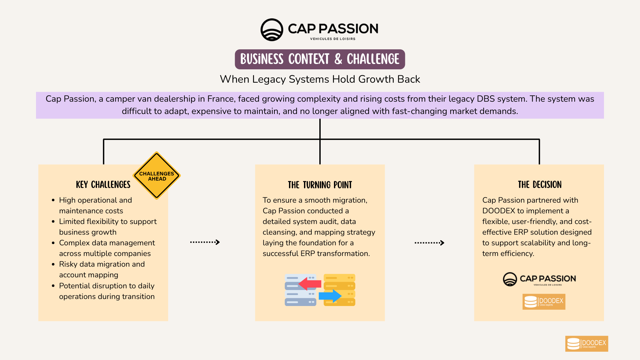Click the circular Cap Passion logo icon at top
(x=272, y=30)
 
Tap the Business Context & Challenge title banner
(x=320, y=59)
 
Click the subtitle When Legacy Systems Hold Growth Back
(x=320, y=79)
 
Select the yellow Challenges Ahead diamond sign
(x=157, y=176)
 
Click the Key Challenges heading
(x=103, y=185)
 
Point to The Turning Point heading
(x=320, y=185)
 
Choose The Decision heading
(x=539, y=185)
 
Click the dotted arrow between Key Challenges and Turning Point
(x=205, y=242)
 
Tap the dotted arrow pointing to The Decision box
(x=429, y=243)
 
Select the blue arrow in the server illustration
(x=330, y=296)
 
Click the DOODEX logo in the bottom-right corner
(x=586, y=344)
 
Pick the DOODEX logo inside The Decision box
(x=544, y=302)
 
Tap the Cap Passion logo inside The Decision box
(x=539, y=279)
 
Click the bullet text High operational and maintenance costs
(x=95, y=205)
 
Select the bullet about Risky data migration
(x=102, y=269)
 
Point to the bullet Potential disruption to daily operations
(x=107, y=291)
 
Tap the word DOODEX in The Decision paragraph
(x=498, y=211)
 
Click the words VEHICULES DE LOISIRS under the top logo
(x=332, y=39)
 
